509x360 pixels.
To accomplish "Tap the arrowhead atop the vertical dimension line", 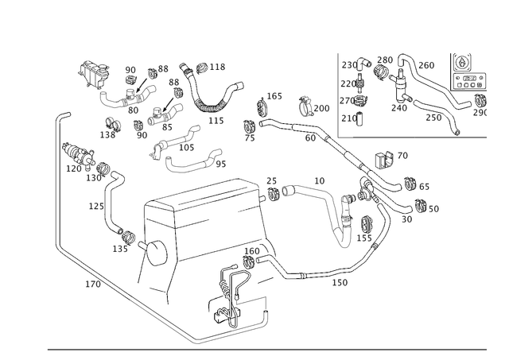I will click(61, 118).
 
